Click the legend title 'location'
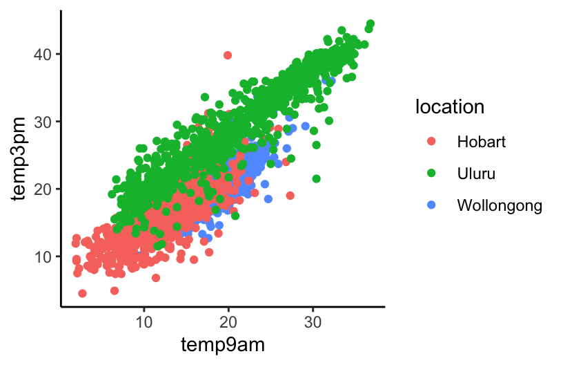click(448, 106)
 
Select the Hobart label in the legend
click(482, 142)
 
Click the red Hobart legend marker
click(432, 142)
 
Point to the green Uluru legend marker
click(432, 174)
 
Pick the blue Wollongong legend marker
click(432, 205)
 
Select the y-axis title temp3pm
click(21, 158)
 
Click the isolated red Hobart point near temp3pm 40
click(228, 55)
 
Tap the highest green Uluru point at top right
click(371, 24)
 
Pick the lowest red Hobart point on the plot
click(83, 294)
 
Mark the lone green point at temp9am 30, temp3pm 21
click(317, 179)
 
